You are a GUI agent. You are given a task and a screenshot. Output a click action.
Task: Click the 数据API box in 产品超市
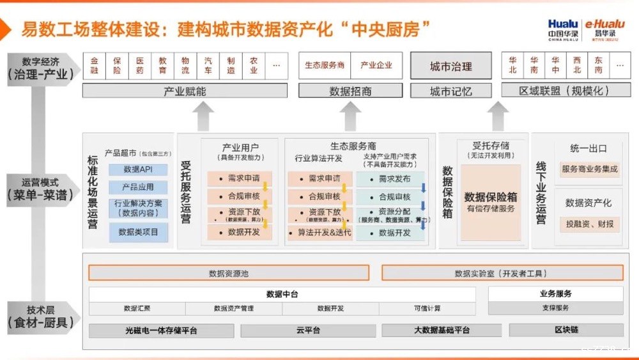pyautogui.click(x=138, y=169)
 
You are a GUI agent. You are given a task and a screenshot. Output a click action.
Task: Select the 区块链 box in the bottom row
pyautogui.click(x=566, y=331)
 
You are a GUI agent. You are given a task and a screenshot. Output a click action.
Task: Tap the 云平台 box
pyautogui.click(x=308, y=331)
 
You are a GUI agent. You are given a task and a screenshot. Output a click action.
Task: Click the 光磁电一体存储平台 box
pyautogui.click(x=161, y=331)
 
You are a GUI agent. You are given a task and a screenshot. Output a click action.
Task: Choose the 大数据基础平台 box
pyautogui.click(x=442, y=331)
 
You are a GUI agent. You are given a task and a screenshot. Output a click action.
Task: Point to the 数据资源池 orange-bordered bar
pyautogui.click(x=229, y=273)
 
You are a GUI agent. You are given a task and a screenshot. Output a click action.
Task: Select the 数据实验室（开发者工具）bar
pyautogui.click(x=502, y=273)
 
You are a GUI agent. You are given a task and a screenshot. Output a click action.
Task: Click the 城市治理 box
pyautogui.click(x=450, y=66)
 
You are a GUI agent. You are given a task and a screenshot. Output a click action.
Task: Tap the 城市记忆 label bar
pyautogui.click(x=450, y=91)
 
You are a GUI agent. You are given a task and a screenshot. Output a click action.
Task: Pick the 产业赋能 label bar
pyautogui.click(x=185, y=91)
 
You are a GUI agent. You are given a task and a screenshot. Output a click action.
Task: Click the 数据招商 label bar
pyautogui.click(x=350, y=91)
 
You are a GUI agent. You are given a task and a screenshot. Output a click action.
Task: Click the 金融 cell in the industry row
pyautogui.click(x=95, y=65)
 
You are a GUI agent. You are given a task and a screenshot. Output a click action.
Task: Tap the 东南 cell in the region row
pyautogui.click(x=598, y=65)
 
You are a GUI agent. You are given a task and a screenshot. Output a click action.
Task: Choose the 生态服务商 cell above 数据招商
pyautogui.click(x=325, y=65)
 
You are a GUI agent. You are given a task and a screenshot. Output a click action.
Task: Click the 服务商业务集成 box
pyautogui.click(x=589, y=169)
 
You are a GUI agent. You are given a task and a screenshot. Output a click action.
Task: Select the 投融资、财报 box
pyautogui.click(x=589, y=224)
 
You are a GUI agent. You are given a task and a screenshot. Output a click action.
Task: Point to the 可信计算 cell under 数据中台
pyautogui.click(x=426, y=309)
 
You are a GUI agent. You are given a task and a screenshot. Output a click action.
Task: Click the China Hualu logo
pyautogui.click(x=562, y=29)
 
